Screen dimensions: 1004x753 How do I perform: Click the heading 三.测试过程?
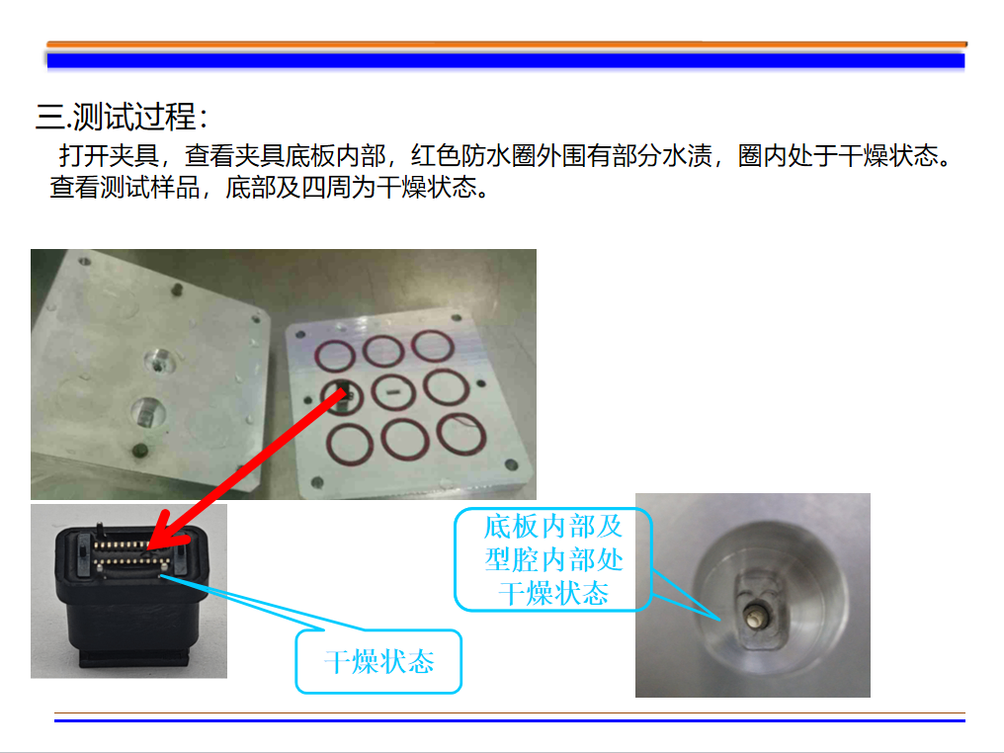(122, 117)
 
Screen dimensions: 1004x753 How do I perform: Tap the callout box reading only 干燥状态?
(378, 661)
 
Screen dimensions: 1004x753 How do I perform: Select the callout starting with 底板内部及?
(553, 559)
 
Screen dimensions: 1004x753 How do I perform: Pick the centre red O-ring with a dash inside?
(393, 392)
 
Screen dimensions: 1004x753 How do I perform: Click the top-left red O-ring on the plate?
(334, 356)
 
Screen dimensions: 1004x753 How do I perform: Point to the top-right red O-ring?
(433, 346)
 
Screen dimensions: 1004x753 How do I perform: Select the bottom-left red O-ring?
(350, 445)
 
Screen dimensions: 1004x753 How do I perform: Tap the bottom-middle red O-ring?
(405, 439)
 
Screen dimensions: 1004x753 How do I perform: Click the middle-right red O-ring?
(447, 386)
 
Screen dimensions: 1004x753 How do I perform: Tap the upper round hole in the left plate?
(159, 362)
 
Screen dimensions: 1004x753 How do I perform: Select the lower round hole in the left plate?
(148, 412)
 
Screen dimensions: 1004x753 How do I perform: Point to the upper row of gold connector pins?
(122, 544)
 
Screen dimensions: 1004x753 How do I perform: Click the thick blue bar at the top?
(506, 61)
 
